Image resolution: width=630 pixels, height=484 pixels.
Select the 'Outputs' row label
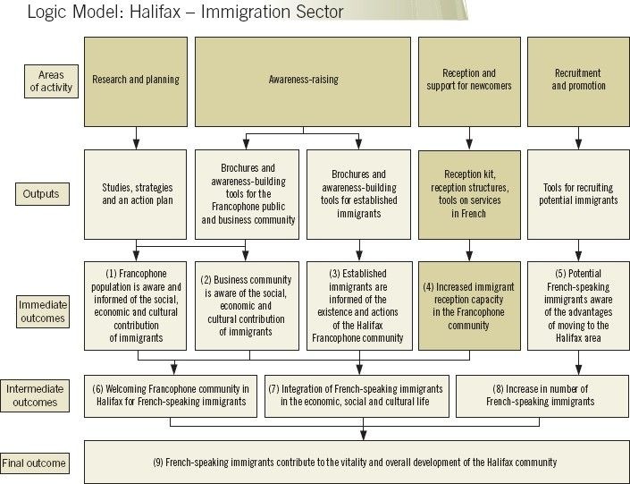(41, 193)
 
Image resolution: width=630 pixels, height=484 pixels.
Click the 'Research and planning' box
(136, 80)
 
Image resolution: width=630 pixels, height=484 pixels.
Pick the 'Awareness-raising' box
(303, 80)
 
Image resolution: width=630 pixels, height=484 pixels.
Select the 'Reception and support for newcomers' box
(469, 80)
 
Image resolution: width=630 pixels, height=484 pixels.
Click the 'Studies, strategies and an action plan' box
(136, 193)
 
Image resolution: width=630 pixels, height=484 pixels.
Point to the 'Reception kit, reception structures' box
(469, 193)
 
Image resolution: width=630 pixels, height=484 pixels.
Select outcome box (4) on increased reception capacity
(469, 305)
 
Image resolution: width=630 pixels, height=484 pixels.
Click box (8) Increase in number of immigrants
(541, 395)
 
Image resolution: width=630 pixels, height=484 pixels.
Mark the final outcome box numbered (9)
(355, 462)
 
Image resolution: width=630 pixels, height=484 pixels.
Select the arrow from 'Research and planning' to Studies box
(136, 136)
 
